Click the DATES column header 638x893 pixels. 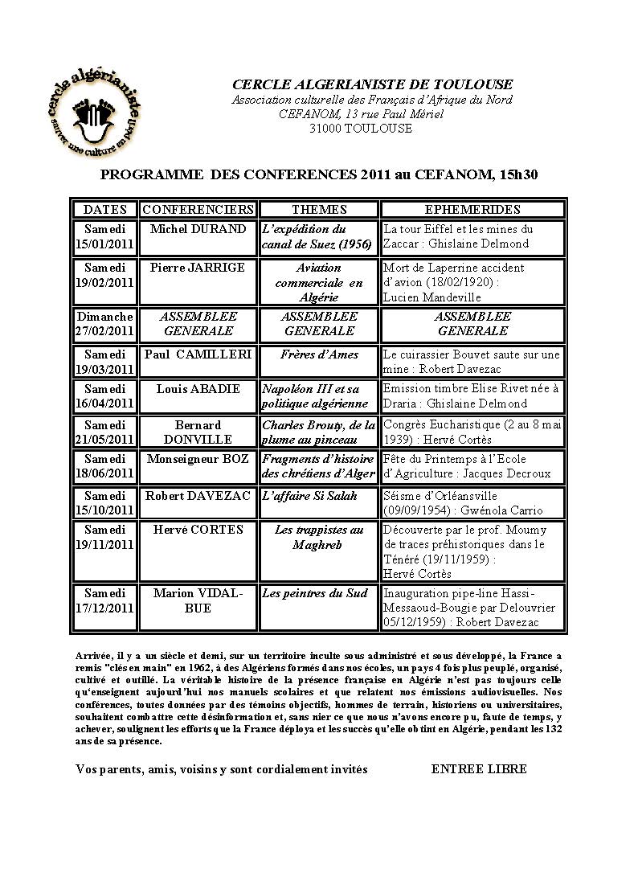tap(105, 209)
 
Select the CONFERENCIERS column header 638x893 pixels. tap(198, 209)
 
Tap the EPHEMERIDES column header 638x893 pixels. tap(473, 209)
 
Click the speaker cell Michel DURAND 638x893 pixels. tap(198, 229)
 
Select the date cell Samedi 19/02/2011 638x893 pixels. tap(105, 275)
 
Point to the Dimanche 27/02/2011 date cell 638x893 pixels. tap(105, 323)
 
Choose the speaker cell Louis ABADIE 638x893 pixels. tap(198, 389)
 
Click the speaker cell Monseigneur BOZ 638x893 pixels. tap(198, 459)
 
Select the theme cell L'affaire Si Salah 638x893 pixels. tap(309, 496)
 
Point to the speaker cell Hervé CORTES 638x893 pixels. tap(198, 530)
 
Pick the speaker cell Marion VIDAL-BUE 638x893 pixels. tap(198, 600)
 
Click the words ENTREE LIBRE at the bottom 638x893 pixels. tap(479, 769)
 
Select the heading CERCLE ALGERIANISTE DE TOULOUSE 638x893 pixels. tap(372, 85)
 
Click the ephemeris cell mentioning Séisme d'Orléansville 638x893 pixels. tap(473, 503)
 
